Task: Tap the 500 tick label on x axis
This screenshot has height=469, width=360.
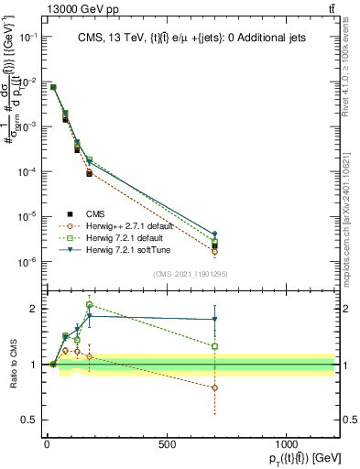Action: (167, 443)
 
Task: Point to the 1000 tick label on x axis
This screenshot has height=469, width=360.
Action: (287, 443)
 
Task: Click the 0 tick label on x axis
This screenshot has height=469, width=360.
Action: (47, 443)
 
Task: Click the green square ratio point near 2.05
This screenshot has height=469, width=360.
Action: (89, 305)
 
